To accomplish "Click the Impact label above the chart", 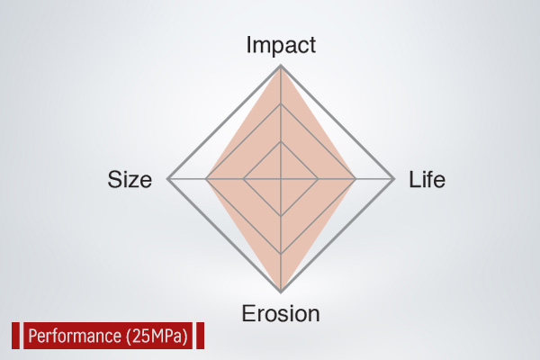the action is [281, 45].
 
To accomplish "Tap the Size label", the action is [130, 179].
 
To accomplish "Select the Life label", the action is [427, 179].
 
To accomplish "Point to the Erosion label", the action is [281, 313].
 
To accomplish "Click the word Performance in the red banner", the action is [75, 336].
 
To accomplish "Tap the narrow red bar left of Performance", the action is [16, 336].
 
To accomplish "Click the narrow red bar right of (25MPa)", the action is [200, 336].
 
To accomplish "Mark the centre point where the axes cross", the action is [281, 179].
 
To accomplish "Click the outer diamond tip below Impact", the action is [281, 66].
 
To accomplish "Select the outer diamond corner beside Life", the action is [394, 179].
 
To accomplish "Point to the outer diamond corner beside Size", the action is [167, 179].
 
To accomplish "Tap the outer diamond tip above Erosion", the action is [281, 292].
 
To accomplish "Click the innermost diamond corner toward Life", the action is [318, 179].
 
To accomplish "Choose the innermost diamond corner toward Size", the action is [244, 179].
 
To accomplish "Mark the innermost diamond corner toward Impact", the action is [281, 141].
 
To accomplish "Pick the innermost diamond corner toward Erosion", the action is [281, 216].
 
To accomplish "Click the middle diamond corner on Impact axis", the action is [281, 103].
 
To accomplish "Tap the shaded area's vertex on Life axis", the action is [355, 179].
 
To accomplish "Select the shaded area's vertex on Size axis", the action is [206, 179].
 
